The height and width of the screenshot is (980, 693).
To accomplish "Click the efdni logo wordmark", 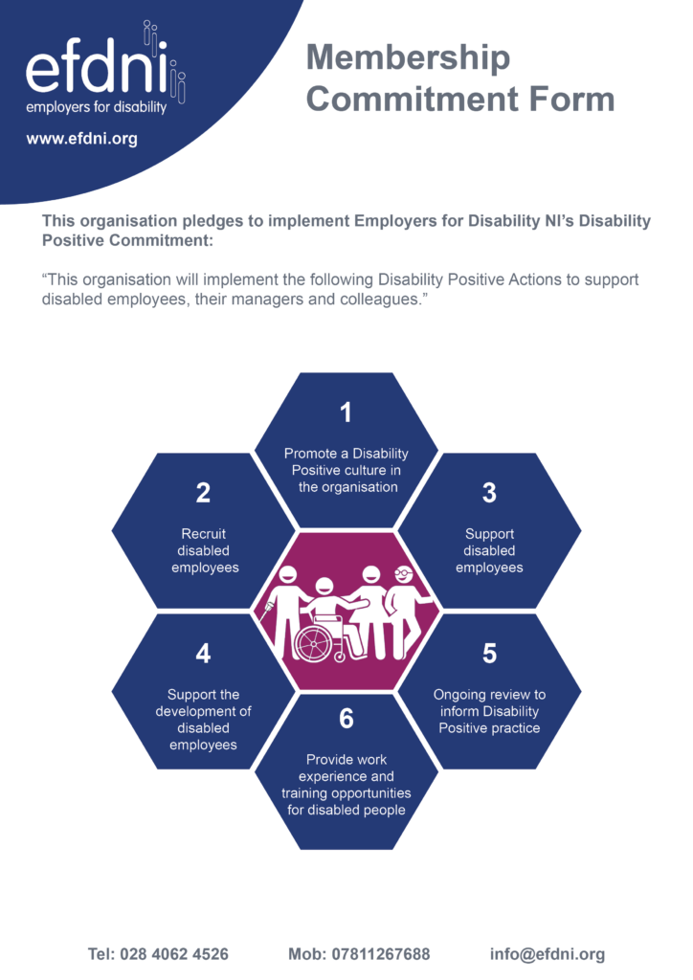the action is (97, 68).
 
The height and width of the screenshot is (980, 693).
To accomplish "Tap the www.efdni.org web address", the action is (82, 139).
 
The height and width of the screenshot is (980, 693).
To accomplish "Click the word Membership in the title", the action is (408, 58).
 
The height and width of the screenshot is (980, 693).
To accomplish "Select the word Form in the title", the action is (571, 99).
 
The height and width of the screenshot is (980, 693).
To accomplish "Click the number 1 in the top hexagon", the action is (346, 412).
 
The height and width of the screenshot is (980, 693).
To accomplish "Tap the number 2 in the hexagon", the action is (203, 493).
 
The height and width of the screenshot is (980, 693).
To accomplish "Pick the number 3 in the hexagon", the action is (489, 493).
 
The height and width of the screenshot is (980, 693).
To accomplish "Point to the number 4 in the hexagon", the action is (203, 653).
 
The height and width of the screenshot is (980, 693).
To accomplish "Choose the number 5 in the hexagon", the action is (489, 653).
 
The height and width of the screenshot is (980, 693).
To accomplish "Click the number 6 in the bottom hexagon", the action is (346, 718).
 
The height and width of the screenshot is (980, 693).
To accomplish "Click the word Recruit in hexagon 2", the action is (203, 534).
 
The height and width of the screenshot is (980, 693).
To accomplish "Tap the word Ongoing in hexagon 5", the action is (458, 695).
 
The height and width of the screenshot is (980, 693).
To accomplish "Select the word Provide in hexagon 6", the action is (328, 759).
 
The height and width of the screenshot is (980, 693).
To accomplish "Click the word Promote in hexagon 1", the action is (310, 453).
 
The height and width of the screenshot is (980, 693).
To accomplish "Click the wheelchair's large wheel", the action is (314, 643).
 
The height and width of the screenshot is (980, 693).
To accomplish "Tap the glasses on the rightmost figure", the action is (403, 571).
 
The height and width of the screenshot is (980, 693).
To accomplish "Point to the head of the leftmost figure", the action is (288, 574).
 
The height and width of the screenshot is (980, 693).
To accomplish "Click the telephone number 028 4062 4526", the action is (173, 954).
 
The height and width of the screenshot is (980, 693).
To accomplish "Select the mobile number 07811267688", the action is (381, 954).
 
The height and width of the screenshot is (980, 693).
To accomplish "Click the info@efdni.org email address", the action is (548, 954).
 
